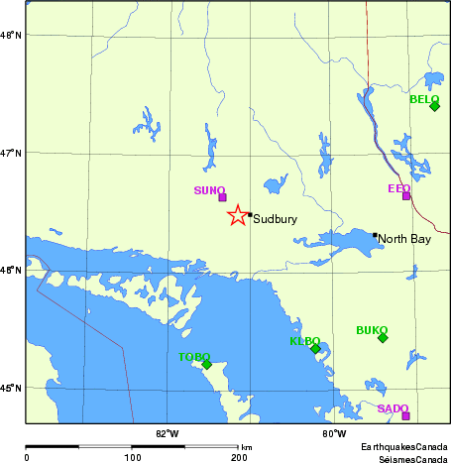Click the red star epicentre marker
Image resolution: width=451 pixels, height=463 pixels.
coord(238,215)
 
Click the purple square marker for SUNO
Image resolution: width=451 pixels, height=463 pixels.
coord(222,197)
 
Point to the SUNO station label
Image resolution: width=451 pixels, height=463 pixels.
coord(209,189)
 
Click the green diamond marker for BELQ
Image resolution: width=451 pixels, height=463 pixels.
coord(434,106)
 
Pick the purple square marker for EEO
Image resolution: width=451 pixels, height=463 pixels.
coord(406,195)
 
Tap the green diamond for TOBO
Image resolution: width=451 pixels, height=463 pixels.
coord(207,364)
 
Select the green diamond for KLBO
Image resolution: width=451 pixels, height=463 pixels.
coord(315,349)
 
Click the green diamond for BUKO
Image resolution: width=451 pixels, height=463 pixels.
coord(383,338)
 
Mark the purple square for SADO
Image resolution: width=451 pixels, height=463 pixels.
coord(405,415)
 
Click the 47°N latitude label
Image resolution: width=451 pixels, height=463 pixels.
coord(12,153)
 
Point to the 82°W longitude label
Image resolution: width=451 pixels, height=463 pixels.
coord(167,432)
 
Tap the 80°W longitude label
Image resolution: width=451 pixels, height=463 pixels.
coord(334,432)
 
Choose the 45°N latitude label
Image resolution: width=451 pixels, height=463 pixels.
coord(12,388)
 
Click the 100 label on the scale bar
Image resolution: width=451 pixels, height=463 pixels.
coord(132,457)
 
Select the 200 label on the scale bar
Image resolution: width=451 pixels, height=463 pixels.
coord(239,457)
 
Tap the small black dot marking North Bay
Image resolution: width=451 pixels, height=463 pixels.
coord(375,235)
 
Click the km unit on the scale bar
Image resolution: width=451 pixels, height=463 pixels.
coord(247,448)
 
